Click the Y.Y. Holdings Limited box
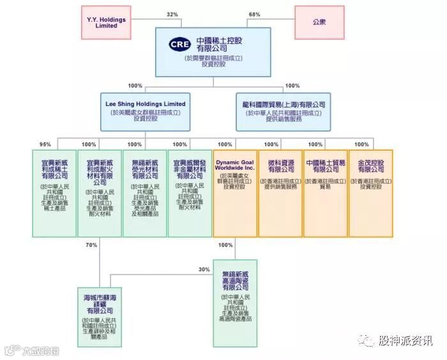click(x=106, y=22)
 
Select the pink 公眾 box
click(x=319, y=22)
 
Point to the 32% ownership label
click(x=172, y=15)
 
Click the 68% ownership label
click(x=254, y=15)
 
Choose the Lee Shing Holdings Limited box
click(x=146, y=110)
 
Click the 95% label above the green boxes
click(x=45, y=144)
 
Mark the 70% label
click(x=91, y=244)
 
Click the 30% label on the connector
click(x=204, y=269)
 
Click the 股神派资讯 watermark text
click(x=405, y=341)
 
